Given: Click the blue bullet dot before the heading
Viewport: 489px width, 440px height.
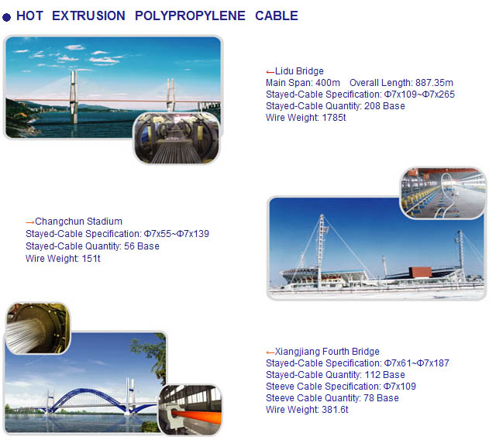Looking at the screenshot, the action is (6, 17).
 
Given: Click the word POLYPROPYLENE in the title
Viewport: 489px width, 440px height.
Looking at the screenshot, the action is (190, 15).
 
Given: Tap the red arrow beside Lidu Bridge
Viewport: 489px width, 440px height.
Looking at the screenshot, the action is (270, 72).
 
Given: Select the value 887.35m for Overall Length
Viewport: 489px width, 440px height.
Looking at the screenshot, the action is (434, 83).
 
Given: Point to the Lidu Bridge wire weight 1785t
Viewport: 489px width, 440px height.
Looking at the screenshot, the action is (334, 118).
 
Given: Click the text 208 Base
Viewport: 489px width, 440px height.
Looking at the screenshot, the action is (384, 106).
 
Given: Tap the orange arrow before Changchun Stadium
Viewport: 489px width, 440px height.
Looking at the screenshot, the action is (30, 222).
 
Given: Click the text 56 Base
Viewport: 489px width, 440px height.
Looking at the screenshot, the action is (142, 246).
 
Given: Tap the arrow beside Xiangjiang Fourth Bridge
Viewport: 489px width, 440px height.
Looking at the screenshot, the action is (270, 352).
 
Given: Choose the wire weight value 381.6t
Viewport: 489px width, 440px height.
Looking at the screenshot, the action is (335, 410).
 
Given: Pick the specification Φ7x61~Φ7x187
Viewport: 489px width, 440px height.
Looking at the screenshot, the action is (417, 363).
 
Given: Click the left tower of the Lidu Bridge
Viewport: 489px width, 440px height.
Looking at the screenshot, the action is (74, 97).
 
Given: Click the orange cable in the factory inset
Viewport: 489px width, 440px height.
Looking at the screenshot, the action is (198, 418).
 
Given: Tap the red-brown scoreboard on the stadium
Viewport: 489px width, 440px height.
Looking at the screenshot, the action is (420, 272).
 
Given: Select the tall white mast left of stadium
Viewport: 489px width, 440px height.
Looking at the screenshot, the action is (321, 249).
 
